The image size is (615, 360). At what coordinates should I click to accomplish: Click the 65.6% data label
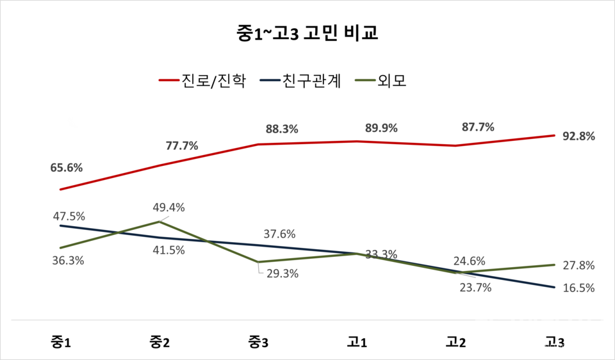click(x=67, y=168)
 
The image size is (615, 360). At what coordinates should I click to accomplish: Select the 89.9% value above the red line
click(x=381, y=128)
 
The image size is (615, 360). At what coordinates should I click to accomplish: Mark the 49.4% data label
click(x=168, y=208)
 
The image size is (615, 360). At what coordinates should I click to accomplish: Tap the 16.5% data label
click(x=578, y=288)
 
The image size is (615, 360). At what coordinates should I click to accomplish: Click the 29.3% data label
click(x=283, y=273)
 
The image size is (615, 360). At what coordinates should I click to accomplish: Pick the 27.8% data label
click(x=578, y=265)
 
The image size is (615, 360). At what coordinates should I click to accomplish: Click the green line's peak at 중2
click(x=159, y=222)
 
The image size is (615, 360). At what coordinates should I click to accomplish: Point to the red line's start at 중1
click(x=60, y=190)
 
